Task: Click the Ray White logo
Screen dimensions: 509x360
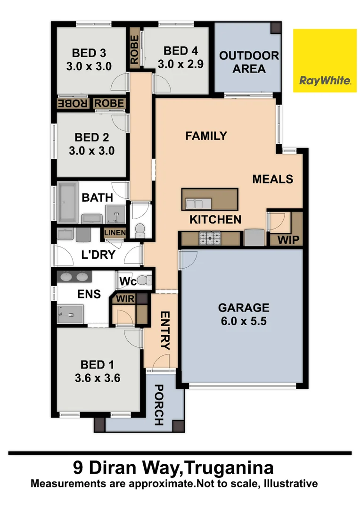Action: (325, 60)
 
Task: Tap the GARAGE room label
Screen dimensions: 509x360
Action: (243, 308)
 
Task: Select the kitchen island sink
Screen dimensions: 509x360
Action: (195, 204)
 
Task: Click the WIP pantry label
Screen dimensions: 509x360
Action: (289, 240)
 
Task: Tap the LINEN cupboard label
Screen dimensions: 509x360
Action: (115, 233)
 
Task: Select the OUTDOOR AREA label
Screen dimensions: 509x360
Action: (249, 62)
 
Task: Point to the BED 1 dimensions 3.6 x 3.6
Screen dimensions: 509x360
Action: (99, 377)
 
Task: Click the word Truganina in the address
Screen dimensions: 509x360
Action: (228, 469)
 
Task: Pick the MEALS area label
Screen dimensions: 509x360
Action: (272, 179)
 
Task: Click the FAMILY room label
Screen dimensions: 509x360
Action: (206, 136)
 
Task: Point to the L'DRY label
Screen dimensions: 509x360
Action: (98, 255)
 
